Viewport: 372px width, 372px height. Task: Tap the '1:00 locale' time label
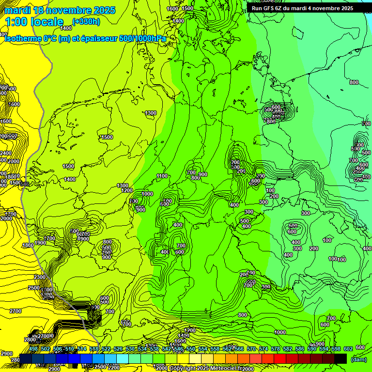click(x=34, y=22)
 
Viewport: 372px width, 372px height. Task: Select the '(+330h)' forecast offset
click(x=86, y=22)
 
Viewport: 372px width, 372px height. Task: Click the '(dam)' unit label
click(x=358, y=359)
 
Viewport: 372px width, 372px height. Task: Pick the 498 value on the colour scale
click(x=33, y=349)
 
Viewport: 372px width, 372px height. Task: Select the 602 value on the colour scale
click(x=348, y=349)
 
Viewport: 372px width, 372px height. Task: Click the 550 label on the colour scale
click(x=191, y=349)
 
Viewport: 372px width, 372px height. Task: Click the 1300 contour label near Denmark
click(x=151, y=113)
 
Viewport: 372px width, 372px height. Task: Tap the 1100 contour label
click(x=162, y=176)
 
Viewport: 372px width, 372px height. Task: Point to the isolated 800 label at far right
click(x=354, y=82)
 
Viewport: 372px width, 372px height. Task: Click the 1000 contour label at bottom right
click(x=280, y=332)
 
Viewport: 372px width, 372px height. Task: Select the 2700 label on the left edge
click(x=15, y=311)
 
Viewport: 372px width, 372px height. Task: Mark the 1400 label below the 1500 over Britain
click(x=70, y=179)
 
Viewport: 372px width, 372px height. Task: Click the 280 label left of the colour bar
click(x=15, y=359)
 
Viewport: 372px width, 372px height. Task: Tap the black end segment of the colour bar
click(x=341, y=358)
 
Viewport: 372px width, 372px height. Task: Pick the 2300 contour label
click(x=40, y=277)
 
